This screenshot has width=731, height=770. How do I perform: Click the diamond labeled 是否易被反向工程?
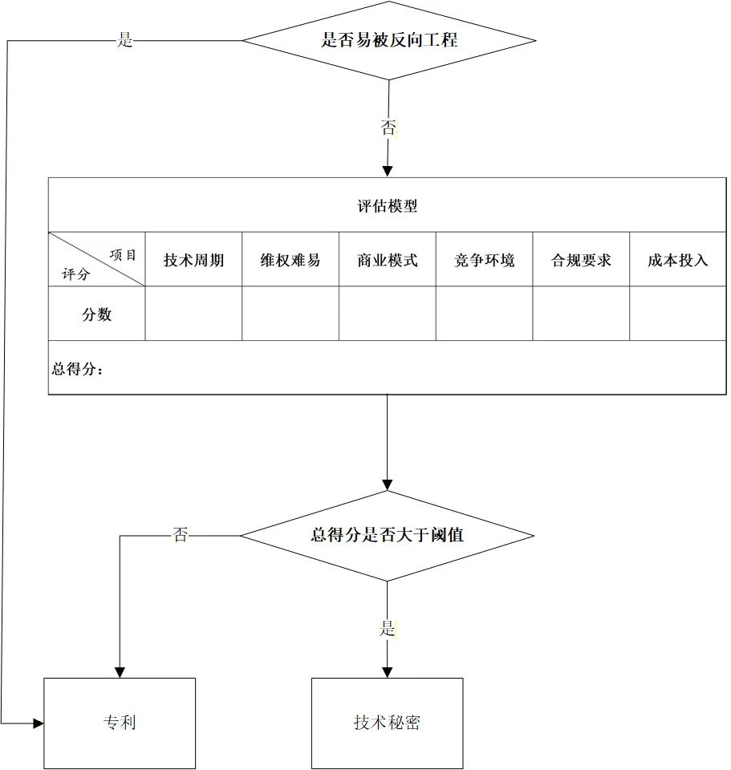tap(389, 40)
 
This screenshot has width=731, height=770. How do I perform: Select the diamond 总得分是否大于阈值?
tap(387, 535)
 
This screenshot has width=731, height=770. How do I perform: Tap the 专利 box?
tap(120, 723)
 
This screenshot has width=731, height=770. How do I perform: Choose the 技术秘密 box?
tap(387, 723)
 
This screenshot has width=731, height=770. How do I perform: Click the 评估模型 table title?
tap(387, 206)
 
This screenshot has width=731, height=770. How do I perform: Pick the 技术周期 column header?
tap(193, 260)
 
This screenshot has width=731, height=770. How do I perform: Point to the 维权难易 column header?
tap(290, 260)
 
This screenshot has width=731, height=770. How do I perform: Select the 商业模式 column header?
tap(388, 260)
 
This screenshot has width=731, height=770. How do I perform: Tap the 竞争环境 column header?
tap(485, 260)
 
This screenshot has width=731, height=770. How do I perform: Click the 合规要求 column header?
tap(581, 260)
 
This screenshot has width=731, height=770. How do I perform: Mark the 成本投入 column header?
tap(678, 260)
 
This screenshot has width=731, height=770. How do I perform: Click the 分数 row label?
tap(97, 314)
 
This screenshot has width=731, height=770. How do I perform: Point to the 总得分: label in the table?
tap(78, 369)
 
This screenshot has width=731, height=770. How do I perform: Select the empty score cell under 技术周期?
tap(193, 314)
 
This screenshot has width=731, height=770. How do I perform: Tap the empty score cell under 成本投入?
tap(678, 314)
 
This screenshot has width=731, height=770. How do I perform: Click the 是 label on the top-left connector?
tap(125, 41)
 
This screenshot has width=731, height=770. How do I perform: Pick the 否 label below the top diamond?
tap(388, 127)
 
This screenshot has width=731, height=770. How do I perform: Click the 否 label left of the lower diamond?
tap(181, 535)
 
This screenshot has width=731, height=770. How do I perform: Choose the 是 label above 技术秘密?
tap(388, 629)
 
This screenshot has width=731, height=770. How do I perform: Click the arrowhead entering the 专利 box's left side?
tap(39, 723)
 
